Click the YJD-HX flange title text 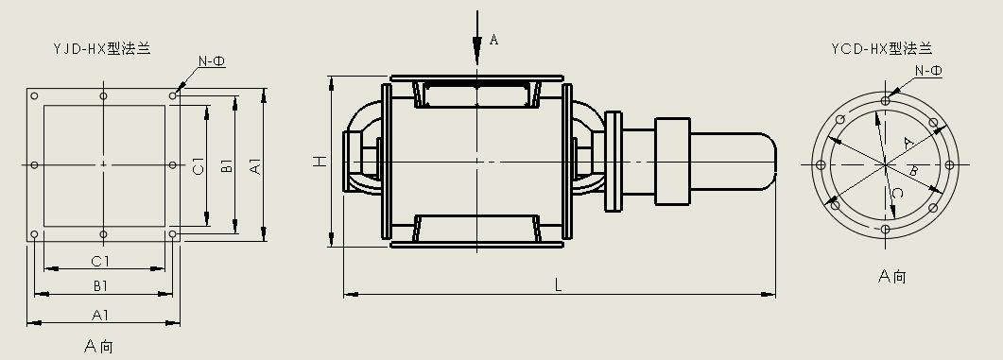[102, 48]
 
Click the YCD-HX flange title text [881, 48]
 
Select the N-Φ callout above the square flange [212, 61]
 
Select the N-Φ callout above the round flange [928, 71]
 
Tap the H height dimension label [320, 162]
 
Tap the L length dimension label [558, 285]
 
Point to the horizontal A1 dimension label [100, 315]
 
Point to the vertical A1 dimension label [255, 166]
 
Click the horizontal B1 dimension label [100, 285]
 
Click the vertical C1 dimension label [199, 166]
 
